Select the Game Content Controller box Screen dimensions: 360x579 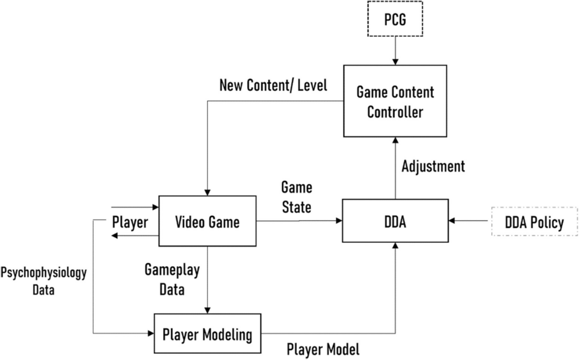pos(395,102)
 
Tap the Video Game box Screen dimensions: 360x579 pos(207,222)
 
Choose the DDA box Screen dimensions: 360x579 pos(395,220)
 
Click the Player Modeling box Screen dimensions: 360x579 pos(207,334)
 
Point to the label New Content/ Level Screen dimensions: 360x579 pos(273,85)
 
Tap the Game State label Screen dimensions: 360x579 pos(296,196)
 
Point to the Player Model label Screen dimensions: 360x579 pos(323,349)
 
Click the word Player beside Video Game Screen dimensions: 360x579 pos(129,222)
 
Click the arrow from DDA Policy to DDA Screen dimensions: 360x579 pos(469,221)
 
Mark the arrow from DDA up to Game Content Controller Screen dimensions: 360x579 pos(395,169)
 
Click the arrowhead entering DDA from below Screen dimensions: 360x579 pos(395,246)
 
